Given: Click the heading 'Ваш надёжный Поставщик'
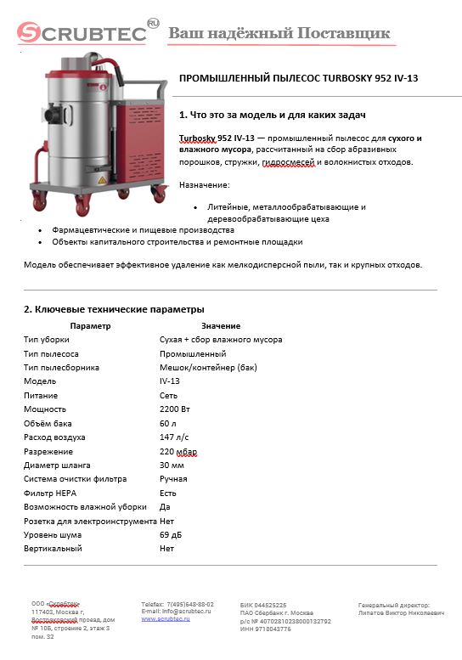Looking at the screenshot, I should tap(279, 33).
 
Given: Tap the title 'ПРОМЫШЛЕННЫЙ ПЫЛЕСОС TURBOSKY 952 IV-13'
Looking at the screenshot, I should tap(298, 77).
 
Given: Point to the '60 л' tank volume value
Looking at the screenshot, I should tap(168, 424).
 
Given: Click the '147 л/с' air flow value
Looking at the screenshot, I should tap(173, 437).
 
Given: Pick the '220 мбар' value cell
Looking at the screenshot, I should tap(177, 452).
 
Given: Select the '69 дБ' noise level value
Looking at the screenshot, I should tap(171, 535).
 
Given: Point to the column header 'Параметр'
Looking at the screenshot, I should tap(91, 326).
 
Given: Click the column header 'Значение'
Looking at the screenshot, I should tap(221, 326).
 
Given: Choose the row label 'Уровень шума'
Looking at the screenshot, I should tap(54, 535).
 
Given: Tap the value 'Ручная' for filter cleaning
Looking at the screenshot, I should tap(174, 480).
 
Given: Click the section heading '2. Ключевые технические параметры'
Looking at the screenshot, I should tap(113, 309).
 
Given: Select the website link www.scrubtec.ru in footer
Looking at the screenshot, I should tap(166, 620).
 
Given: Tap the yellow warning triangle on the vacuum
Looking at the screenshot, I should tap(101, 181).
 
